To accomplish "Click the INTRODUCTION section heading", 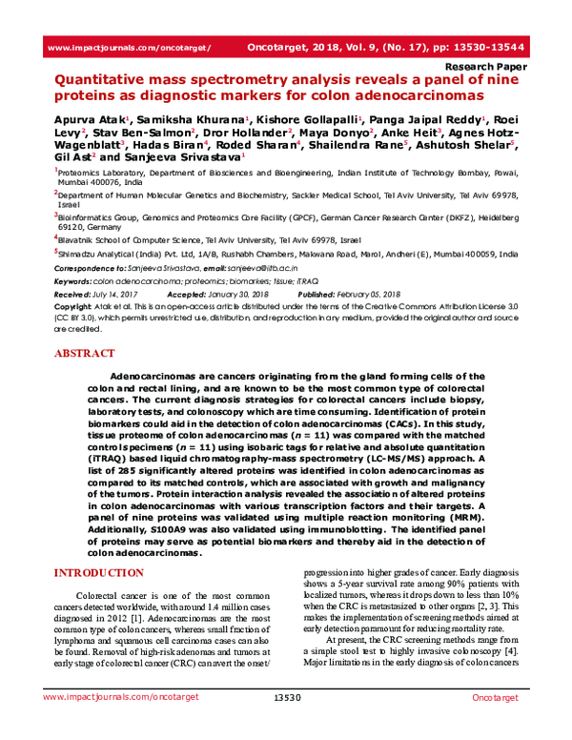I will [x=101, y=572].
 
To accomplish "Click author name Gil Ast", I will [x=71, y=154].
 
